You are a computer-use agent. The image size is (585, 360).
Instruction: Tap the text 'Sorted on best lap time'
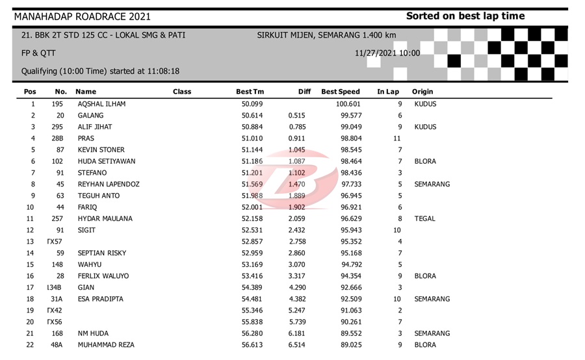click(x=465, y=16)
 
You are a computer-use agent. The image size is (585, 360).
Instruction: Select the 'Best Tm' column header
click(x=250, y=92)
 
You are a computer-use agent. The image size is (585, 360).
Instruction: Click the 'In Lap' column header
click(x=388, y=92)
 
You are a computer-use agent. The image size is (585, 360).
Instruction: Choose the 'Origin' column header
click(x=422, y=92)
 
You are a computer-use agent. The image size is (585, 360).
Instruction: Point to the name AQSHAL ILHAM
click(x=101, y=104)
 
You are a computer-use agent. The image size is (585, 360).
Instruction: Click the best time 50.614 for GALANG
click(x=252, y=116)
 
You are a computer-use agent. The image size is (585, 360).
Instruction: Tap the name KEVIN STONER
click(x=101, y=150)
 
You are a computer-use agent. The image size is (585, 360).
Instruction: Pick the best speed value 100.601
click(x=348, y=104)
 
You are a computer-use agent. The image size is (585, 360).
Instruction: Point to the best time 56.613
click(x=252, y=345)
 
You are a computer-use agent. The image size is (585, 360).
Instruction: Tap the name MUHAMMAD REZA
click(x=106, y=345)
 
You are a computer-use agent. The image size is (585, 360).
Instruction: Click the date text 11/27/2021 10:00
click(x=387, y=53)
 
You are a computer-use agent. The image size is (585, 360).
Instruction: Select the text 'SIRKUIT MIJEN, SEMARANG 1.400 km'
click(x=326, y=35)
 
